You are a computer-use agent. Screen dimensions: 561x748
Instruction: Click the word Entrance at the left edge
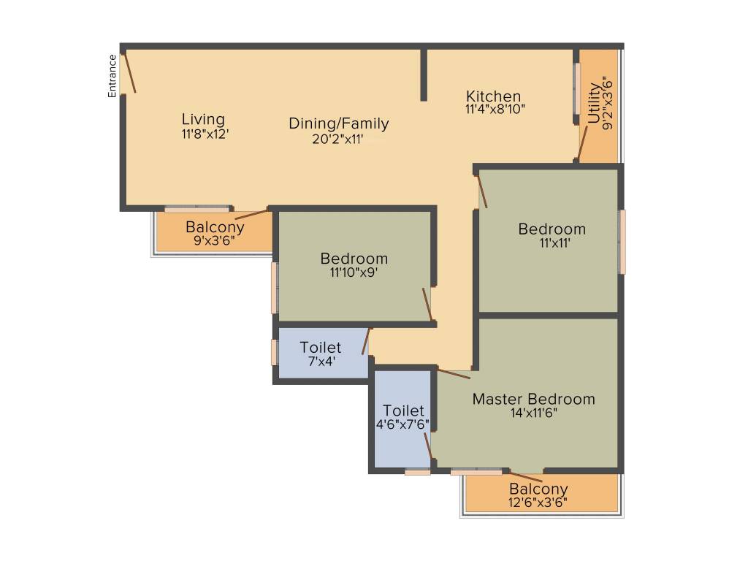[112, 76]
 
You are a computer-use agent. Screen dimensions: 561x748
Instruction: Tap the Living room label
[203, 119]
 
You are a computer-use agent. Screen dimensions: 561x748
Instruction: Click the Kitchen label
[494, 96]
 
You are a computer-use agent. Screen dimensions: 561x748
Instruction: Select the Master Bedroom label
[533, 399]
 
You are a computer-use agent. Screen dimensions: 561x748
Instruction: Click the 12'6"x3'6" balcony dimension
[538, 503]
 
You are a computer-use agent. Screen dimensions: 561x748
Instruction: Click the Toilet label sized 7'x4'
[321, 348]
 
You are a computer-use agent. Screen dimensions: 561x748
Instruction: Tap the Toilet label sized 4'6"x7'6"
[403, 411]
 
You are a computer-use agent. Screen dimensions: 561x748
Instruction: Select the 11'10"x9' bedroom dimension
[354, 272]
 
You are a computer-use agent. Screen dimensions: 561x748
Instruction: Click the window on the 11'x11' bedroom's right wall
[622, 242]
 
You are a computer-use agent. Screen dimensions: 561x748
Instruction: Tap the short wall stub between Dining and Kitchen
[424, 75]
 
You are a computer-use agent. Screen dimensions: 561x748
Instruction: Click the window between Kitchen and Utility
[576, 88]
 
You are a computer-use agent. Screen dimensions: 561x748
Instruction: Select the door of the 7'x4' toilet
[367, 341]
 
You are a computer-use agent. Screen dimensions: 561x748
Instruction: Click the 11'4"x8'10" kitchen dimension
[495, 110]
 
